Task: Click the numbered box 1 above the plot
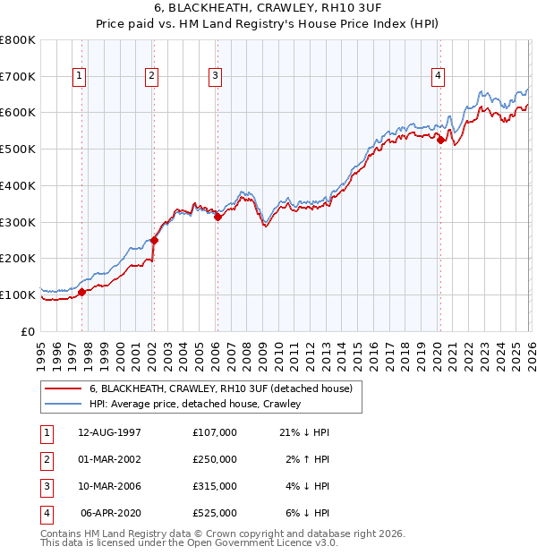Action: [x=81, y=77]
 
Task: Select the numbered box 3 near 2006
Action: [x=216, y=77]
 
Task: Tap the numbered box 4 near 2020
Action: [x=438, y=77]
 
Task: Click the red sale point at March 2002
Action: [x=154, y=240]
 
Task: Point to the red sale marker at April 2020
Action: [x=440, y=139]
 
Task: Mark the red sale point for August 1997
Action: [x=81, y=292]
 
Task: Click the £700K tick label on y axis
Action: [x=18, y=77]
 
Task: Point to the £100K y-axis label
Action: [x=18, y=295]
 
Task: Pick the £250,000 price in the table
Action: [x=214, y=459]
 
